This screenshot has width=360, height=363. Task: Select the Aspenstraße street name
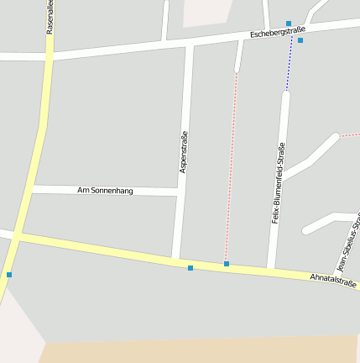(x=184, y=152)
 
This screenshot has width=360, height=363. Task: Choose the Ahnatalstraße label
(x=333, y=280)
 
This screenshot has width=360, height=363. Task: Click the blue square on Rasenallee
(x=9, y=274)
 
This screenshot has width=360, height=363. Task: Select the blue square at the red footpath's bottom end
(x=227, y=264)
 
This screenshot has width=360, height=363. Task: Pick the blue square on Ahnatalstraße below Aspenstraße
(x=190, y=268)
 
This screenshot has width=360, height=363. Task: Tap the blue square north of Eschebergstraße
(x=289, y=24)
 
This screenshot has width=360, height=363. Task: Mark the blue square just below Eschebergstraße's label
(x=300, y=40)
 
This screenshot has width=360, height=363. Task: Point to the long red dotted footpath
(x=232, y=168)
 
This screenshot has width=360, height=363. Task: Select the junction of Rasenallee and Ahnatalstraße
(x=17, y=239)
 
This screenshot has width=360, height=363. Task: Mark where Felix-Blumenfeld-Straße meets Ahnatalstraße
(x=271, y=269)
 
